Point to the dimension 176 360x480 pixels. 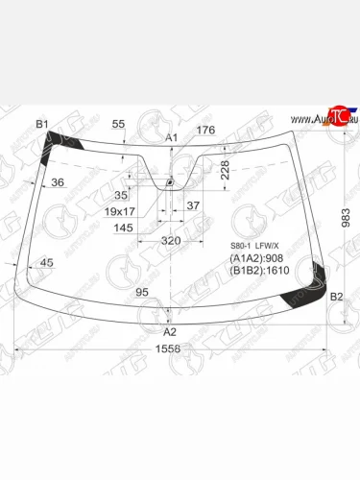[206, 131]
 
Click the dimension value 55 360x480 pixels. [118, 125]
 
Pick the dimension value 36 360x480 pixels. [57, 182]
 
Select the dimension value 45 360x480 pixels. [47, 262]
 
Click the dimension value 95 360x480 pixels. [141, 292]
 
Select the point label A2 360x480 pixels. [171, 331]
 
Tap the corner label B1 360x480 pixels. [41, 125]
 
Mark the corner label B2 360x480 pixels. [336, 298]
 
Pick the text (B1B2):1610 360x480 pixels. [260, 272]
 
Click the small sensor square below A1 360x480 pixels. [170, 181]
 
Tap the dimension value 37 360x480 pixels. [193, 205]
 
